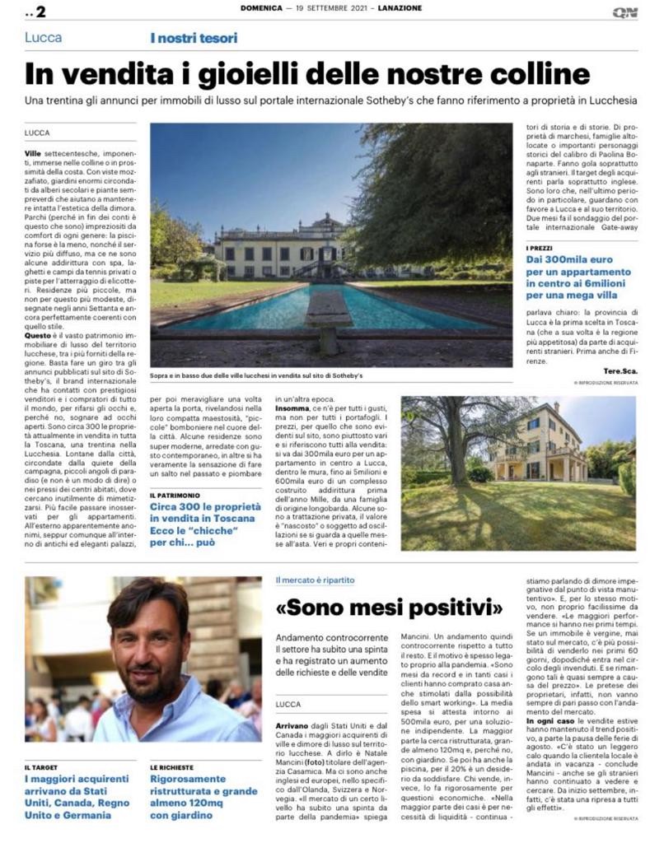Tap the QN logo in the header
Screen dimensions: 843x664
coord(624,12)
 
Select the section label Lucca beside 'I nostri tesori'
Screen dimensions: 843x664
coord(44,38)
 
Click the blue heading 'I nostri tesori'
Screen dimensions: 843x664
coord(194,38)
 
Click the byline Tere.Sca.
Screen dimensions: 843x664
coord(618,371)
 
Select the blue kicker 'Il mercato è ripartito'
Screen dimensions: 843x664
coord(316,580)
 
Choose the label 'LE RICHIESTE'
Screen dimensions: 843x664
coord(172,766)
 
